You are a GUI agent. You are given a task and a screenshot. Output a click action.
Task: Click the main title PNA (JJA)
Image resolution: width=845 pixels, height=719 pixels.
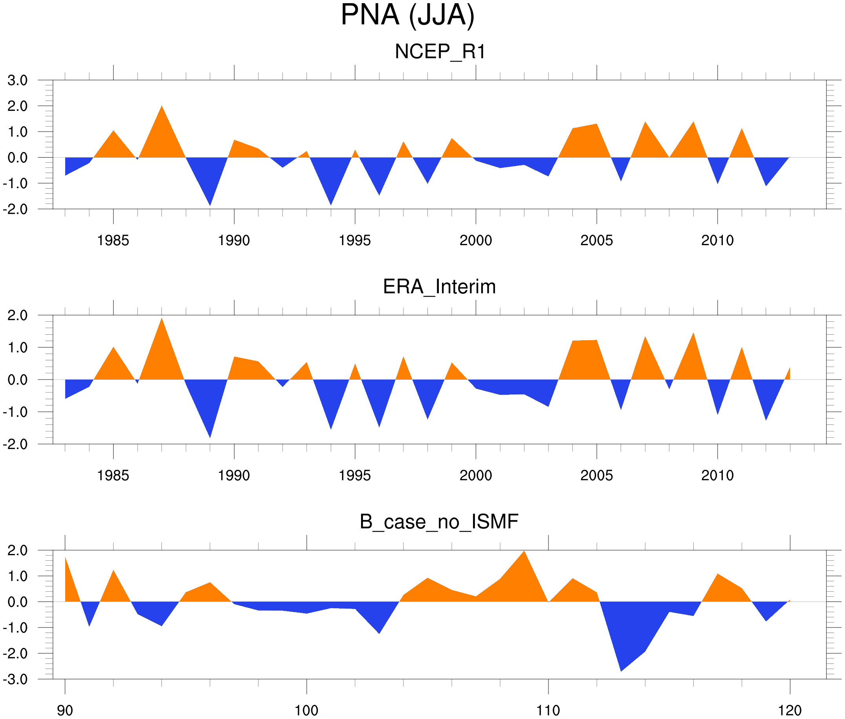[407, 15]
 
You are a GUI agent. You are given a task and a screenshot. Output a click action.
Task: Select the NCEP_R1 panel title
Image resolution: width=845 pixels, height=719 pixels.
[440, 52]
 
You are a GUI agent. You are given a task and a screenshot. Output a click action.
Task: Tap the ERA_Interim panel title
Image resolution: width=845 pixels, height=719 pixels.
[439, 286]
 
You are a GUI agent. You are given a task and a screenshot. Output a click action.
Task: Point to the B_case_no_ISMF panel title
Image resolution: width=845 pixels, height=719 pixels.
[439, 522]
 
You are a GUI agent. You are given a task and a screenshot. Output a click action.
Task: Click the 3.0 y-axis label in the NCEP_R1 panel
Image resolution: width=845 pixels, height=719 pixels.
[18, 80]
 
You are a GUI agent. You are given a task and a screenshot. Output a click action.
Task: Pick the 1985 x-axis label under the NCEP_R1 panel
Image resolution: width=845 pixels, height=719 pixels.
[113, 240]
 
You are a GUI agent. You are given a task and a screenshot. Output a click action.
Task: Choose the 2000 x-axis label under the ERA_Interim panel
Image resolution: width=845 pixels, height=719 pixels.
[475, 475]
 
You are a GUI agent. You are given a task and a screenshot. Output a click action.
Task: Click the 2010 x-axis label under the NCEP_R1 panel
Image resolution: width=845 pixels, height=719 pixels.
[717, 240]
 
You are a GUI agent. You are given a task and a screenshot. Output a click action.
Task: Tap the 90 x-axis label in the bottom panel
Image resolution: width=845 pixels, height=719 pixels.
[65, 710]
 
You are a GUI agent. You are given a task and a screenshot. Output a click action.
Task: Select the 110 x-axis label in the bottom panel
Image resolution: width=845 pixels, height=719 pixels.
[548, 710]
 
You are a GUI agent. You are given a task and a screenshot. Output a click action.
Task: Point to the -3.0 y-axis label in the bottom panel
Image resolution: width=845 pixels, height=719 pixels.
[15, 679]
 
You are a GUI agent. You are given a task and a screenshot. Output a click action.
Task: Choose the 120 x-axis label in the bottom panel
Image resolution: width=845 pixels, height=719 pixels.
[790, 710]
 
